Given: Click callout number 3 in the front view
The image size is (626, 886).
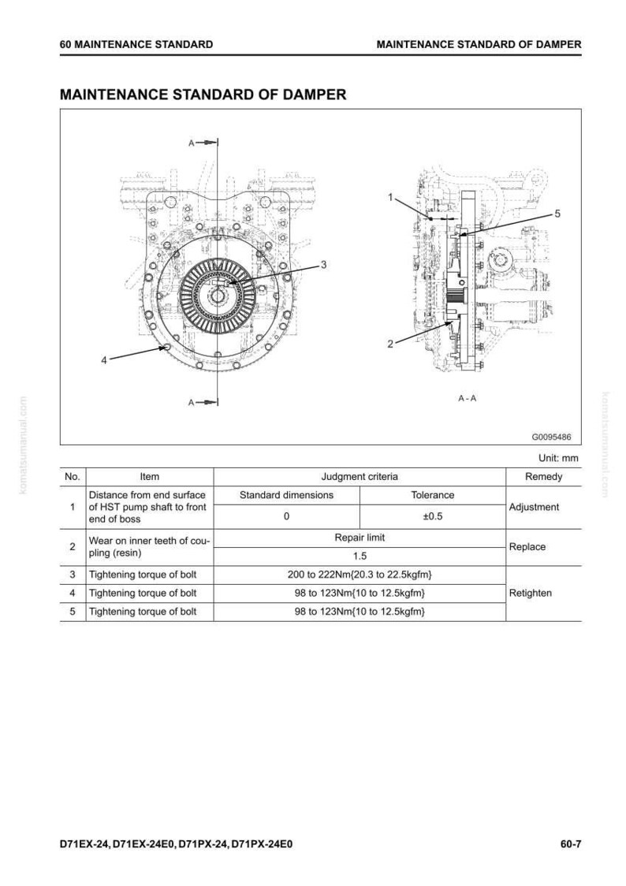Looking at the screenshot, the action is coord(324,264).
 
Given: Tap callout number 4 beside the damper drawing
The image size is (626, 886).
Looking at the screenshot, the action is coord(104,360).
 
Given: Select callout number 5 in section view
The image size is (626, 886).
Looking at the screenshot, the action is coord(557,214).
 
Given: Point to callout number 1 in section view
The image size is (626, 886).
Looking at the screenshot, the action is coord(389,197).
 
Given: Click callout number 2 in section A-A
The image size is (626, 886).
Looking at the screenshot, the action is coord(389,344).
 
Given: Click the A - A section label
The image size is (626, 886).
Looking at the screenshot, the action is coord(468,398).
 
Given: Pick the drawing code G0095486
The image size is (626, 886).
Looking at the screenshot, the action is coord(551,437).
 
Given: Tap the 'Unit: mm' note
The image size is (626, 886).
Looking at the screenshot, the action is coord(558,458).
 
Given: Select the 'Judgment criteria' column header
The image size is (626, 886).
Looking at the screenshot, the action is coord(360,476).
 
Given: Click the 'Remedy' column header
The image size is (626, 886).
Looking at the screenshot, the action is coord(543,476).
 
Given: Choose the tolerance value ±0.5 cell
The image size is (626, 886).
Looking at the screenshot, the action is coord(433,516).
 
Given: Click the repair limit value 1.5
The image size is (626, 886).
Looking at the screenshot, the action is coord(360,556).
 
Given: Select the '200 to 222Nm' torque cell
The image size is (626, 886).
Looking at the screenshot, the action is coord(360,575).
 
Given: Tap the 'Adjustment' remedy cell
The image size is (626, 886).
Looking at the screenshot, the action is coord(534,507).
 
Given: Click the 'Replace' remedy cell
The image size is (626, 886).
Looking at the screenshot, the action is coord(527,547).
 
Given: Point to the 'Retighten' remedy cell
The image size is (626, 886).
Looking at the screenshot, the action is coord(531,593).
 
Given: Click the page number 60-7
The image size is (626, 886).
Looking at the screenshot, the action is coord(571,845).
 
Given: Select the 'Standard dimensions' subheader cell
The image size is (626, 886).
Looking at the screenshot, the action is coord(286,495).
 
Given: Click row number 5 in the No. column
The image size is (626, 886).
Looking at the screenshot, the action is coord(73,612).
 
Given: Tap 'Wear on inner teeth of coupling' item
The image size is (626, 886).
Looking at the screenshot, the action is coord(149,547).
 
